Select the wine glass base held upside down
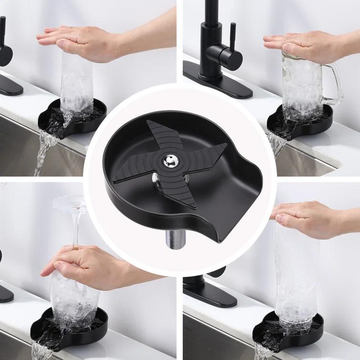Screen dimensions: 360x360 (70, 203)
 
